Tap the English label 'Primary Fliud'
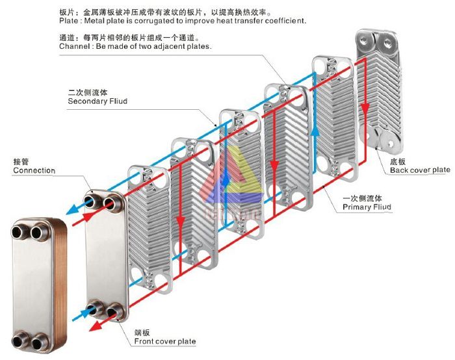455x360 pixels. click(367, 207)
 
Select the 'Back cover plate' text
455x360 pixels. click(420, 170)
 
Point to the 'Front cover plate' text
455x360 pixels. click(164, 341)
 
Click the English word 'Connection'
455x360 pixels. click(34, 171)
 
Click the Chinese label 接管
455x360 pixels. click(21, 161)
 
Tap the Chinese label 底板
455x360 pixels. click(398, 161)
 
